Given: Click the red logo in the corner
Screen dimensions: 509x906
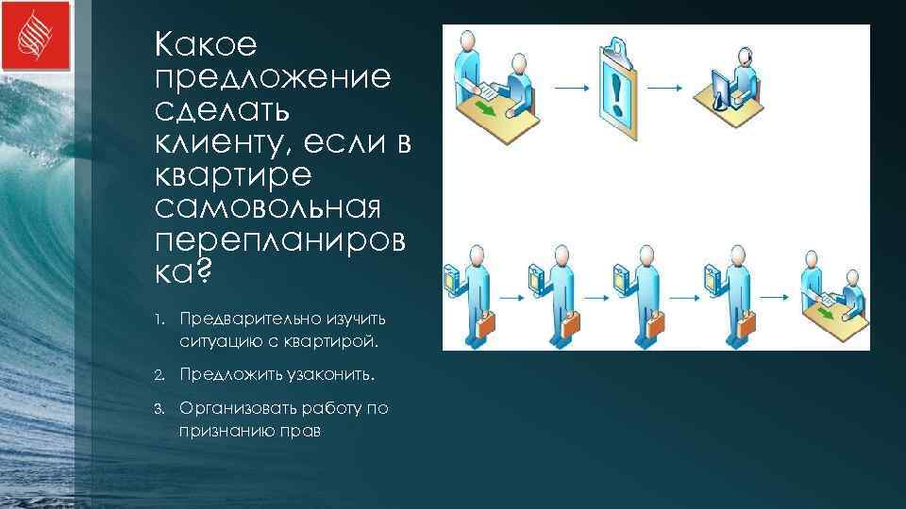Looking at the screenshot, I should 36,36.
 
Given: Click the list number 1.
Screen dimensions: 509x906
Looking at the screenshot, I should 160,319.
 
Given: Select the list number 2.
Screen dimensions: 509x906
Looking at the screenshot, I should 160,375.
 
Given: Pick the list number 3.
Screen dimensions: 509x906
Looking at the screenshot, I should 160,408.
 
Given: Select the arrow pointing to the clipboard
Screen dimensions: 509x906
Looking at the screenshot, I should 569,88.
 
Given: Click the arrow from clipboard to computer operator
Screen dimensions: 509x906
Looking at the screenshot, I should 664,88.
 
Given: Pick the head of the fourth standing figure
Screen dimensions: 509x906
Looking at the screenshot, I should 730,256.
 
